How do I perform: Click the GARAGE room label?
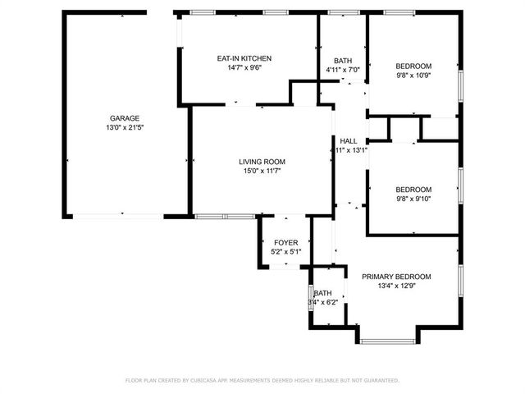tap(126, 118)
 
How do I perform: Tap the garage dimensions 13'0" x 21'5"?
tap(126, 127)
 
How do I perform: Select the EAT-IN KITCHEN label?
tap(244, 58)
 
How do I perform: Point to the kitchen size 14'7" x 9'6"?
tap(244, 67)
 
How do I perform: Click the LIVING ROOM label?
tap(262, 162)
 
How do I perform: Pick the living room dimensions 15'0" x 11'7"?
tap(262, 171)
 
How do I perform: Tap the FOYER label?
tap(285, 243)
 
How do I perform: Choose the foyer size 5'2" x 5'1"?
tap(285, 252)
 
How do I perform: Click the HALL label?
tap(349, 141)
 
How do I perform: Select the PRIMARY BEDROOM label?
tap(396, 277)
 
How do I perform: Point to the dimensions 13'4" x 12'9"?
tap(396, 286)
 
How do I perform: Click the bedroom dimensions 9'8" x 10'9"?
tap(413, 76)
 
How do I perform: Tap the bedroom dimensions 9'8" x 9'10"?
tap(413, 198)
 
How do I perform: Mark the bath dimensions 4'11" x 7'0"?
tap(342, 70)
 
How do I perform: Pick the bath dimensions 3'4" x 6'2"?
tap(323, 303)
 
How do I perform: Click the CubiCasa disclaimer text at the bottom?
tap(262, 381)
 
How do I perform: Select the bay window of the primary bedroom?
tap(389, 340)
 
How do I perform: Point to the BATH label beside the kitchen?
tap(342, 61)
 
